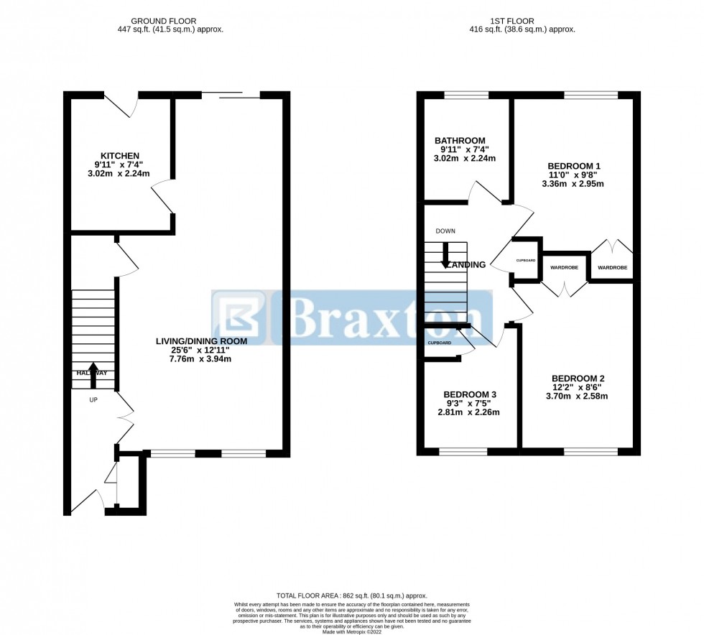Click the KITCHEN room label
coord(119,156)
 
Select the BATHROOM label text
coord(460,141)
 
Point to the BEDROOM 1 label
coord(573,166)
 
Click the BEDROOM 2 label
coord(578,379)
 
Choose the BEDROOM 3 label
coord(470,394)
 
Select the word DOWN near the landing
coord(445,231)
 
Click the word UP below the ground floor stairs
coord(93,399)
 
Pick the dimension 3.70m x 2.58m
coord(578,396)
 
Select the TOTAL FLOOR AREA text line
coord(351,596)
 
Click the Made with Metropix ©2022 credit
coord(351,630)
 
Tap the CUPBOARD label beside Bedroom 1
coord(526,260)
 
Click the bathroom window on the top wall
coord(466,95)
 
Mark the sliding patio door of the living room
coord(231,95)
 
